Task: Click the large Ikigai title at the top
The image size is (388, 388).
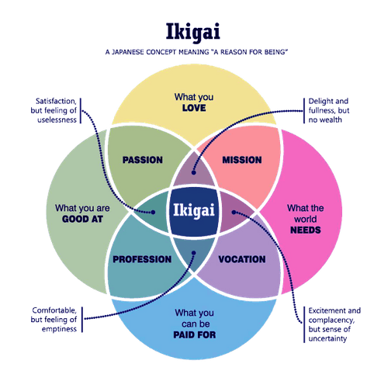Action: (x=193, y=32)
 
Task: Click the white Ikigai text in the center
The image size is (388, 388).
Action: (x=194, y=210)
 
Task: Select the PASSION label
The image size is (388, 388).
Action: (x=143, y=160)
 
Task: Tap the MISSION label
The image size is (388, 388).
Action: (x=242, y=160)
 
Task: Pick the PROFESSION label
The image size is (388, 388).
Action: (x=142, y=259)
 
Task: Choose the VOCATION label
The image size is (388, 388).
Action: (x=242, y=259)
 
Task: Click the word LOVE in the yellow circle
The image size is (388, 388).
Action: (x=194, y=108)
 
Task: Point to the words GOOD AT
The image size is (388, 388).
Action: (x=82, y=219)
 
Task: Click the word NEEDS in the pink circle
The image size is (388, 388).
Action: (x=306, y=230)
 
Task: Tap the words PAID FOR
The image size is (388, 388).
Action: (x=195, y=334)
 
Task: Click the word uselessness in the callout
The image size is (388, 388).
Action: (x=57, y=120)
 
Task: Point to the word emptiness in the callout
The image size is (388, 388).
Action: (x=59, y=329)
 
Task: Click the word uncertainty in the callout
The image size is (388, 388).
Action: (x=327, y=338)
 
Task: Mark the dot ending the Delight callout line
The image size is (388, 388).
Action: (x=194, y=172)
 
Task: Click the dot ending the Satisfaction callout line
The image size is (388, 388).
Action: (x=153, y=212)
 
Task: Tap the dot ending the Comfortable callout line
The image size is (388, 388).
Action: (x=194, y=253)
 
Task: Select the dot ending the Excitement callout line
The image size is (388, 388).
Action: (x=234, y=212)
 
